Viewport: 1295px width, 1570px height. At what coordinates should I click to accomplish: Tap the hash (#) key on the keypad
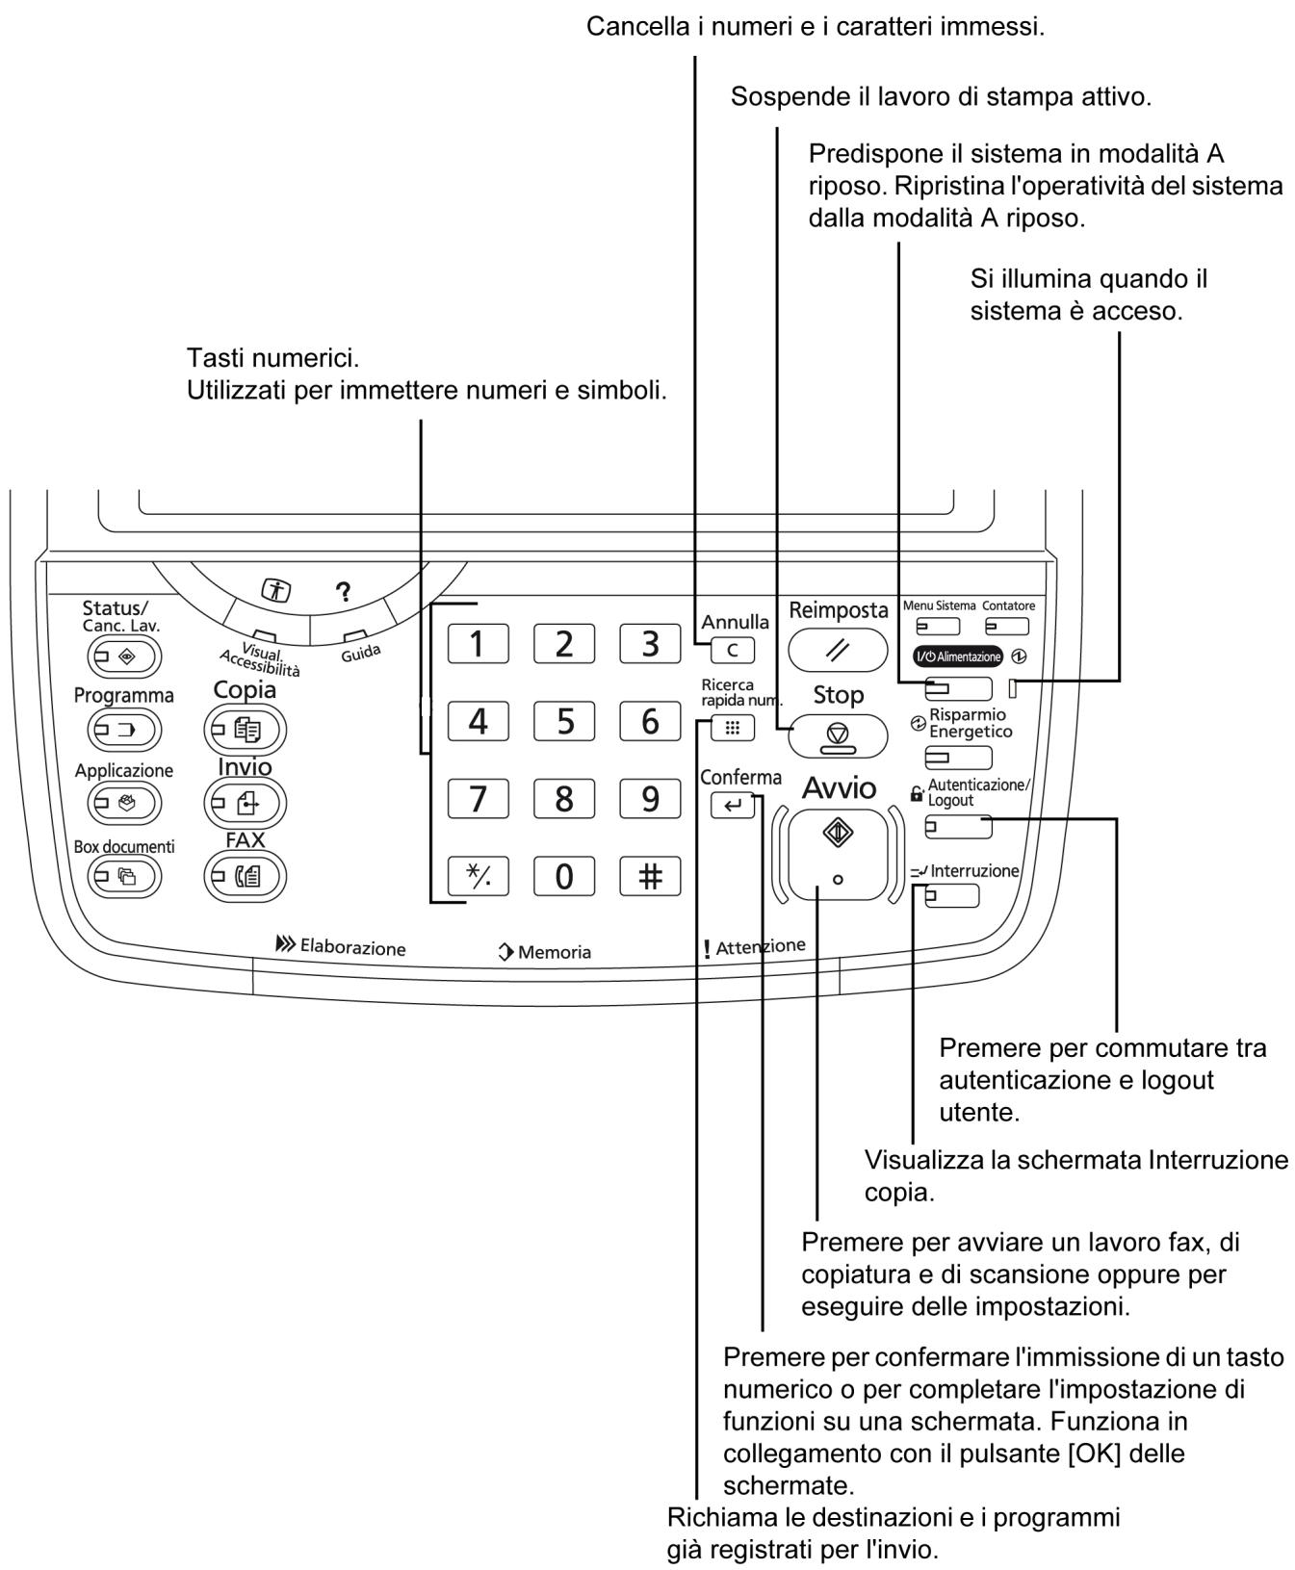650,876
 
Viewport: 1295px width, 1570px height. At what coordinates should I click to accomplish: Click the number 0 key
564,876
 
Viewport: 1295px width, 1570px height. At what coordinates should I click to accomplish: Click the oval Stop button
838,736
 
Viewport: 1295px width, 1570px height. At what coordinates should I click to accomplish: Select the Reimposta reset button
838,651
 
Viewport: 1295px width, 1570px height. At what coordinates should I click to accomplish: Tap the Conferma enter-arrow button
734,806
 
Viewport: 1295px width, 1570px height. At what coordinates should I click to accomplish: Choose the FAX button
246,876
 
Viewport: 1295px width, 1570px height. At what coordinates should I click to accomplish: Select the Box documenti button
124,875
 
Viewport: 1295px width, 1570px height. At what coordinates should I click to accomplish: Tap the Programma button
124,729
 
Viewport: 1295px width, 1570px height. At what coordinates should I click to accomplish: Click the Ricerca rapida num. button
734,729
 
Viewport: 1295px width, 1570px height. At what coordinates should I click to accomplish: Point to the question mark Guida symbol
340,594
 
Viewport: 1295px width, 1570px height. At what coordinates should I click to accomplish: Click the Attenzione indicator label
755,948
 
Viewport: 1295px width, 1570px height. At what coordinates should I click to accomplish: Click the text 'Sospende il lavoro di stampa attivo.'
942,97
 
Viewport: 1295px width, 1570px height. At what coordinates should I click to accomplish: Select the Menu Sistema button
938,627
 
